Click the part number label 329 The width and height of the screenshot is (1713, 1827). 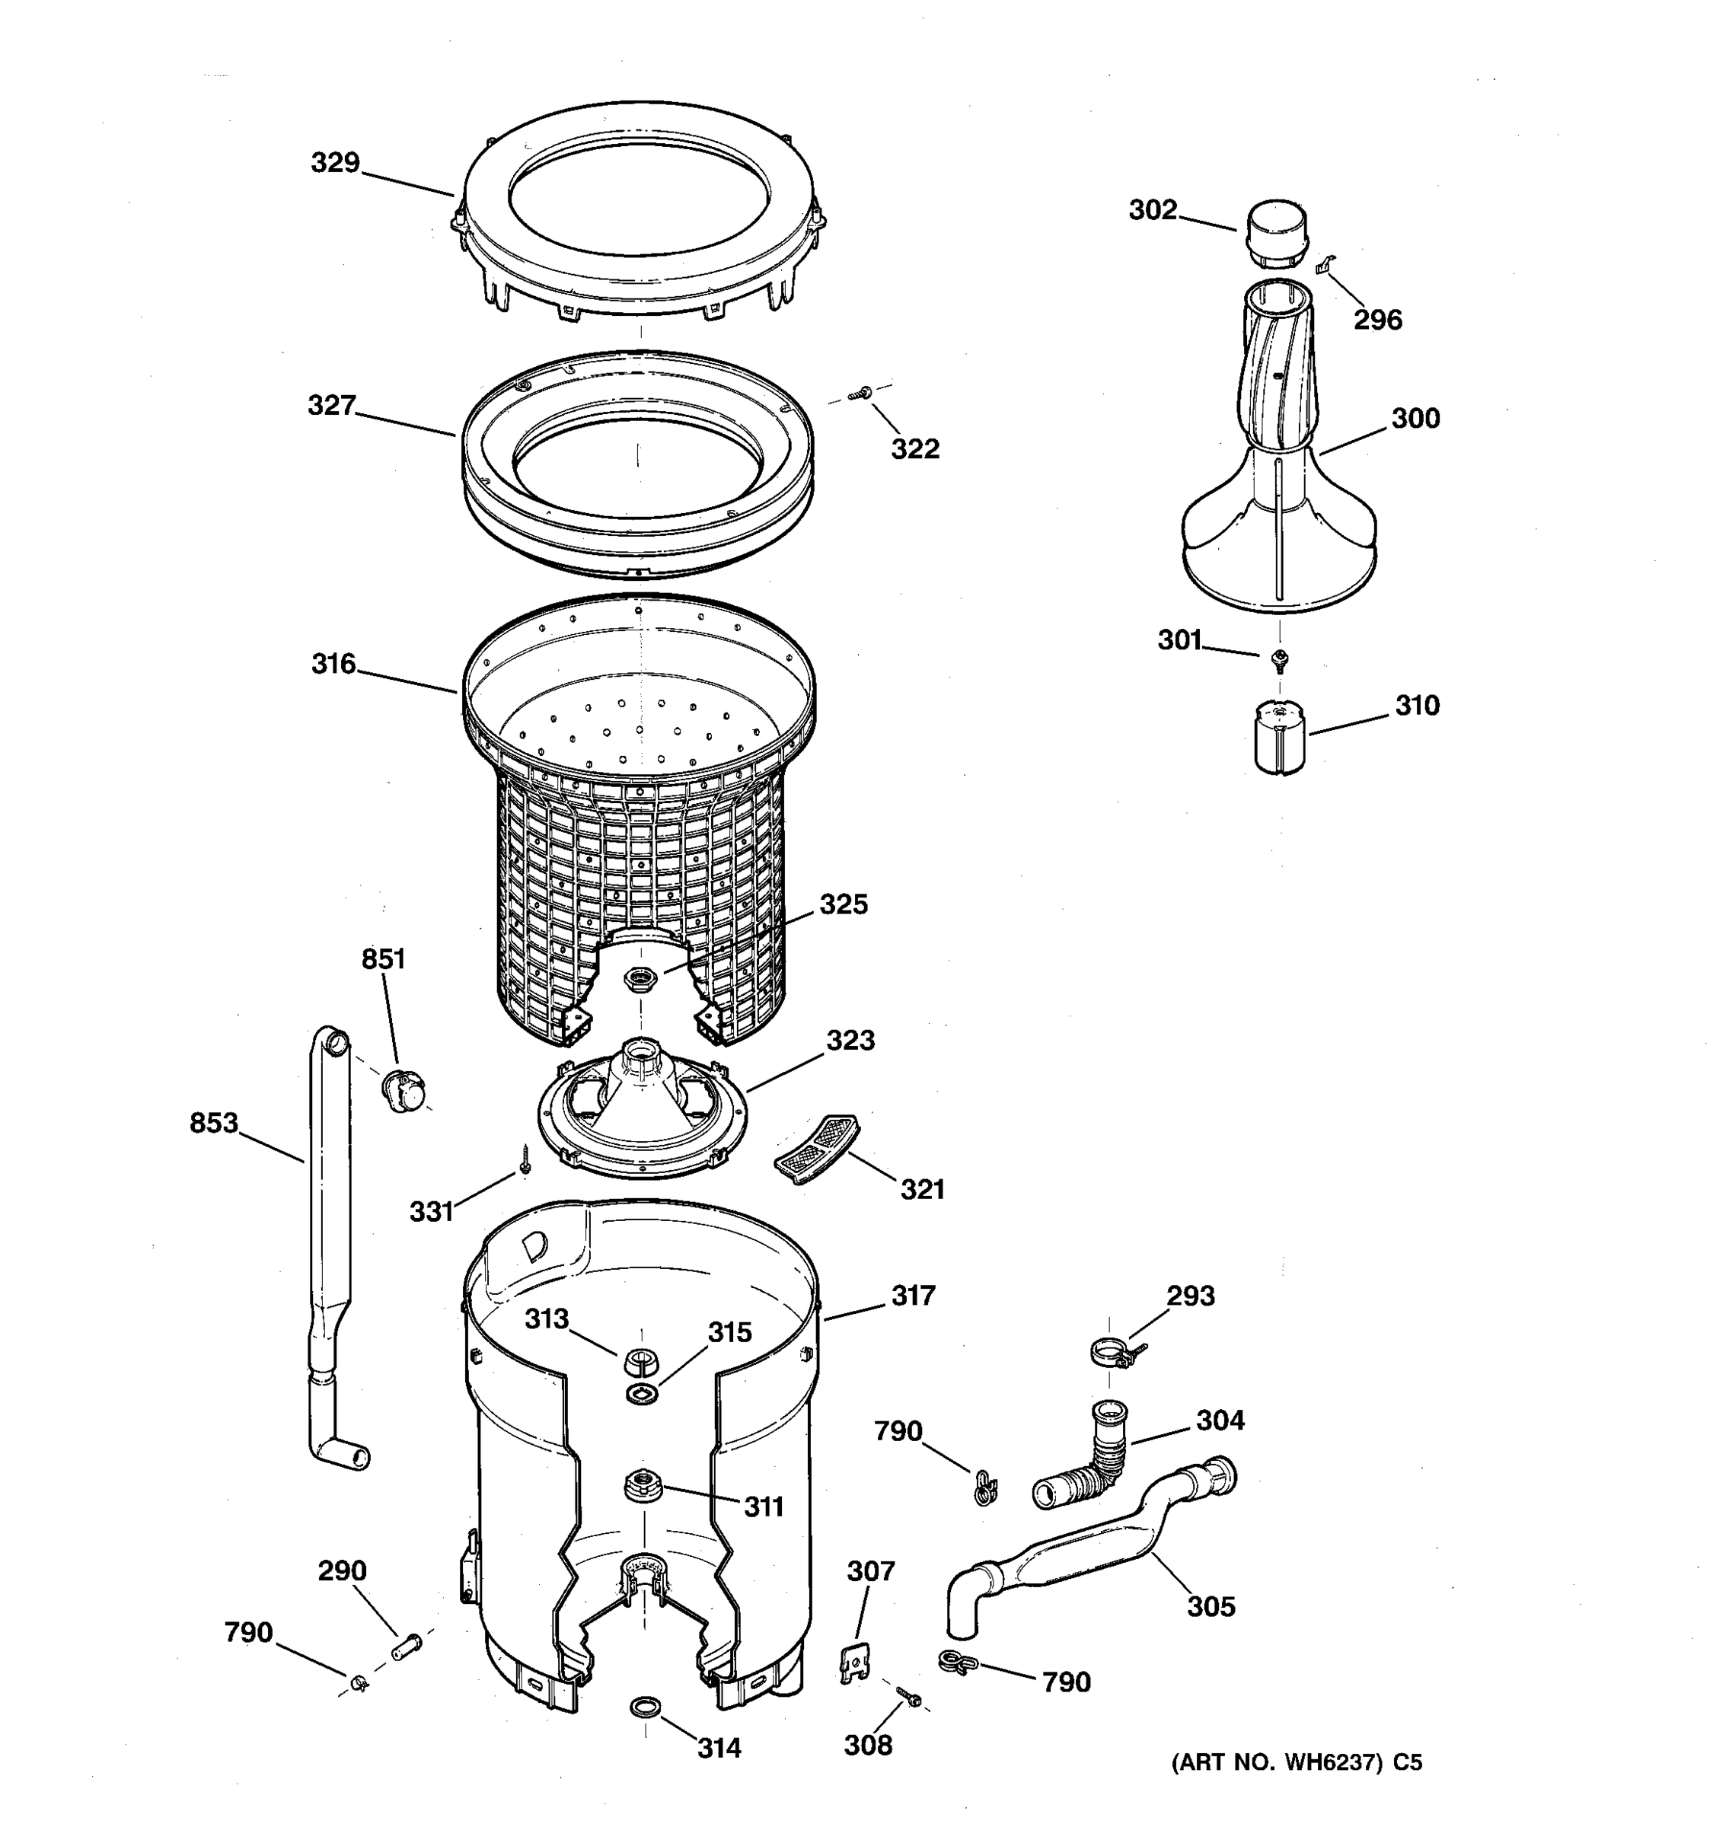tap(334, 163)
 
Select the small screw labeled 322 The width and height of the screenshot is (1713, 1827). tap(860, 394)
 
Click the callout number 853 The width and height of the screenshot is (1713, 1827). tap(213, 1122)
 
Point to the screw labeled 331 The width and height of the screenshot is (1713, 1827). tap(525, 1161)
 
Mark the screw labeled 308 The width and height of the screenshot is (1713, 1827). tap(909, 1698)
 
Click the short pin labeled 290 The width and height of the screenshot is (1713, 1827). tap(405, 1645)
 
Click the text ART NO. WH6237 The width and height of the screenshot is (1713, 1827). tap(1278, 1762)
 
